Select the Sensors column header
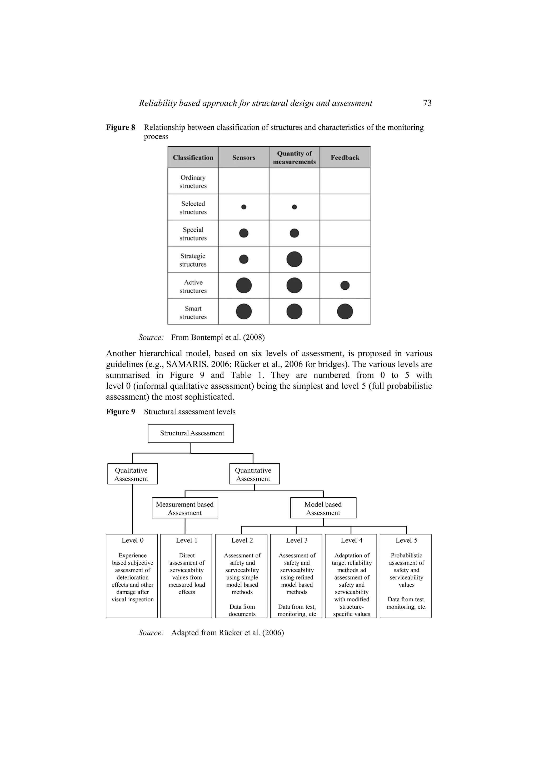243,157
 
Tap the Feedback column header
345,157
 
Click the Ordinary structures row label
193,181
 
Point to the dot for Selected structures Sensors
244,207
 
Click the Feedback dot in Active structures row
345,285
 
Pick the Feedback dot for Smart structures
345,312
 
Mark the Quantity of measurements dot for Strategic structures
294,259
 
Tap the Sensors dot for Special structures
244,233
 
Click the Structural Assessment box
191,433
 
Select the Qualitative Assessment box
132,474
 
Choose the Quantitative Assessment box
254,474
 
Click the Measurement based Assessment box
185,508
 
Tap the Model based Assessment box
323,508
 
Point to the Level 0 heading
132,540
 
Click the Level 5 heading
406,540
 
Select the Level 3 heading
297,540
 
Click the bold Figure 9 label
121,412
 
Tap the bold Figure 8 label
121,127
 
